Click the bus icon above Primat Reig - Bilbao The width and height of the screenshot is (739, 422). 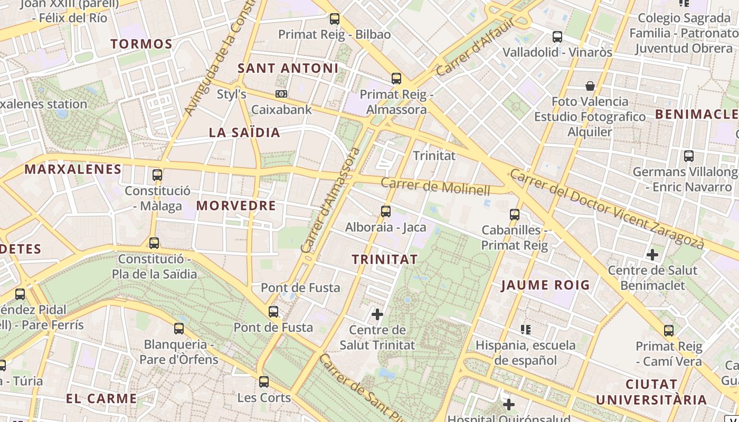[334, 19]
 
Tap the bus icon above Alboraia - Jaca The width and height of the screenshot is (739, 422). [386, 212]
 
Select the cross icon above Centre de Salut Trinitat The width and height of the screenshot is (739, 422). [377, 314]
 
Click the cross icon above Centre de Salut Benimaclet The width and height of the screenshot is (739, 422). [652, 255]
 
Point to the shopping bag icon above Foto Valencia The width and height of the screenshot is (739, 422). [590, 85]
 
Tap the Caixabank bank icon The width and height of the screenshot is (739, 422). [281, 94]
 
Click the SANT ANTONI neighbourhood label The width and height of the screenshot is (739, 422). [288, 68]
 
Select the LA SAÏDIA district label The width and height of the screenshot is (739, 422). [244, 132]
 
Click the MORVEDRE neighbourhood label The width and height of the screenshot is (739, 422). [236, 206]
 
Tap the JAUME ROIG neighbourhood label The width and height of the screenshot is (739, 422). [545, 285]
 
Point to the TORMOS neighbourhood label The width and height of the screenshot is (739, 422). [141, 44]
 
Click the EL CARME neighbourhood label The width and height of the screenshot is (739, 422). [101, 398]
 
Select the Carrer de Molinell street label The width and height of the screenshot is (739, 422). [435, 187]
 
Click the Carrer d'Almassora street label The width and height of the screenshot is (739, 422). [330, 200]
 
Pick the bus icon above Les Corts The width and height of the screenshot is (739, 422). [264, 381]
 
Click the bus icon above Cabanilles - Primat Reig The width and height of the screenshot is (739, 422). [515, 215]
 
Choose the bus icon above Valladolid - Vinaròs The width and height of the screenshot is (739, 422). [557, 37]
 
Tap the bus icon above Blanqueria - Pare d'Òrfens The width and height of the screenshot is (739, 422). [179, 329]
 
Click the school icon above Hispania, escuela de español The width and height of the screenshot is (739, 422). [525, 330]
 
